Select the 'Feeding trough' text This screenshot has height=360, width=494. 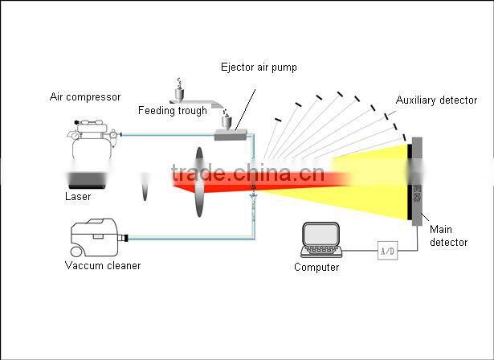click(x=172, y=111)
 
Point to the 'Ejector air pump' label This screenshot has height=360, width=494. click(x=258, y=67)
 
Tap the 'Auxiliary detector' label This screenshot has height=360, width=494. click(x=436, y=100)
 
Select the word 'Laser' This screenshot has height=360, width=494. click(x=78, y=196)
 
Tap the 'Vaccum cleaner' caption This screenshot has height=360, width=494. click(x=102, y=265)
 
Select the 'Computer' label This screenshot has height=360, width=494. click(x=316, y=268)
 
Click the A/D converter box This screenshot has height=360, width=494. click(x=387, y=252)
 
